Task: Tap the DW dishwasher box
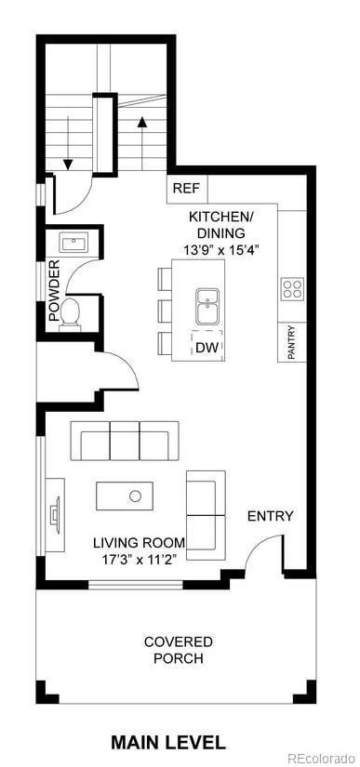pos(207,347)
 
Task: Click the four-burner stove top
pos(291,288)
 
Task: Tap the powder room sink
pos(73,245)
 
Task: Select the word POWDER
pos(53,290)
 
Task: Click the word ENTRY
pos(270,516)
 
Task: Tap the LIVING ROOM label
pos(139,543)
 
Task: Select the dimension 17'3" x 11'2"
pos(139,559)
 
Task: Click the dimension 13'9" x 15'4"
pos(220,249)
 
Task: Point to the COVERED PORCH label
pos(178,650)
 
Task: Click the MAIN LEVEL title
pos(167,742)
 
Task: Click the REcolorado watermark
pos(320,758)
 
